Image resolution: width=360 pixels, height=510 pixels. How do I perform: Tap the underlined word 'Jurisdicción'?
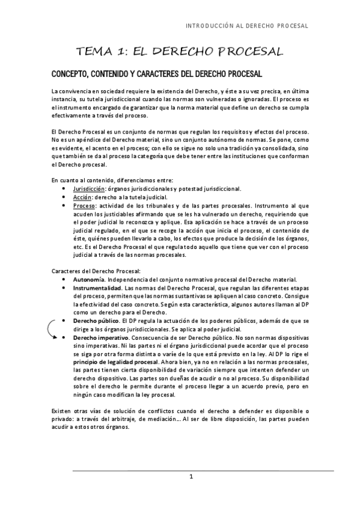[x=86, y=188]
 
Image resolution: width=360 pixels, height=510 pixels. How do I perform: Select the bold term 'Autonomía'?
[x=88, y=280]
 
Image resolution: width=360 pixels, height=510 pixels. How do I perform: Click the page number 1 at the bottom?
[x=191, y=477]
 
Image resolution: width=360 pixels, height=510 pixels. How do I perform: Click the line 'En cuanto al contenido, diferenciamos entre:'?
[x=112, y=179]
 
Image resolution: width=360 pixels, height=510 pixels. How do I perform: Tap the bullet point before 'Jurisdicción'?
[x=64, y=188]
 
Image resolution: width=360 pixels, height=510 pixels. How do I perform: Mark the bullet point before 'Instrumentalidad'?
[x=64, y=289]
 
